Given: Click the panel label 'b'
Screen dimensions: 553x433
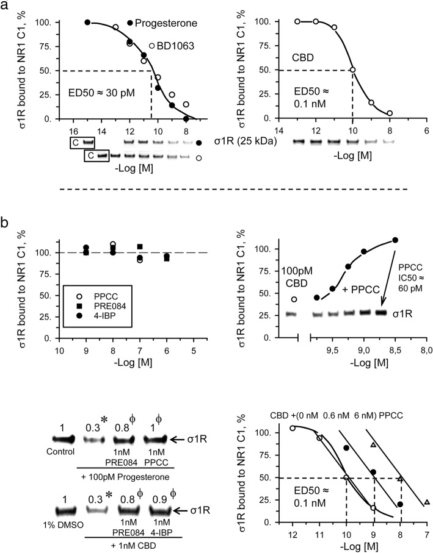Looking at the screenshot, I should [7, 207].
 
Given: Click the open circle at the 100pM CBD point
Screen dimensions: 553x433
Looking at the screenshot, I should [294, 299].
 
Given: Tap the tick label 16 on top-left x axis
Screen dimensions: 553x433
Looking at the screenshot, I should [73, 130].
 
